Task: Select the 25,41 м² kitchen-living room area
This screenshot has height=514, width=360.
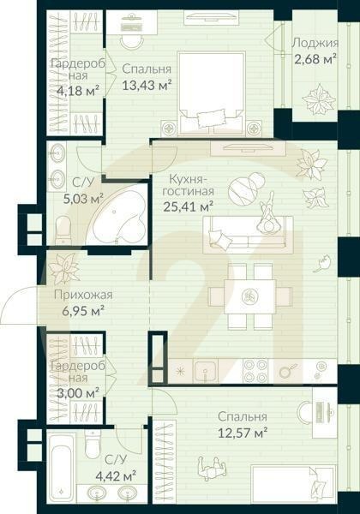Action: coord(188,205)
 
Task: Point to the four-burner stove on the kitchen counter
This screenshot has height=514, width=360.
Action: coord(255,370)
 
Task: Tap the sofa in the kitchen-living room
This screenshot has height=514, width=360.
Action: coord(247,234)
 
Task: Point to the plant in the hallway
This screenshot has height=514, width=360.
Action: coord(64,268)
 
